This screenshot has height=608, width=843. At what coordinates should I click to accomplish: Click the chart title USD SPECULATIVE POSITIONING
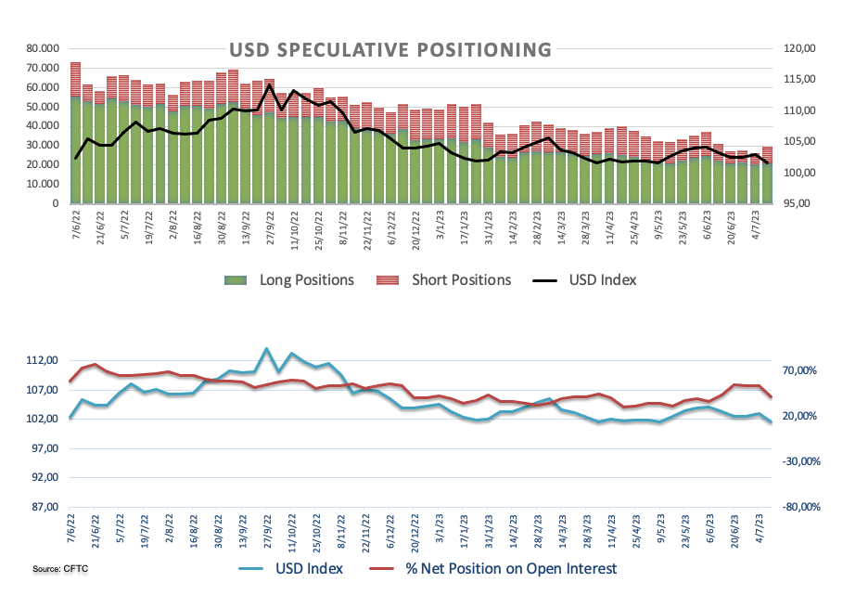click(x=390, y=50)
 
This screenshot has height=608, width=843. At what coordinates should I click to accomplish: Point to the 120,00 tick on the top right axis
click(x=798, y=48)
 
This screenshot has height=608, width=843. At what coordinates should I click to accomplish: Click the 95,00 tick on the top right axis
click(x=798, y=204)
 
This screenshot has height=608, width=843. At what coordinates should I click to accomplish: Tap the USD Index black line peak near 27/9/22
click(x=269, y=85)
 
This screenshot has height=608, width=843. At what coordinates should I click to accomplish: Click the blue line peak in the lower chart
click(x=267, y=349)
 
